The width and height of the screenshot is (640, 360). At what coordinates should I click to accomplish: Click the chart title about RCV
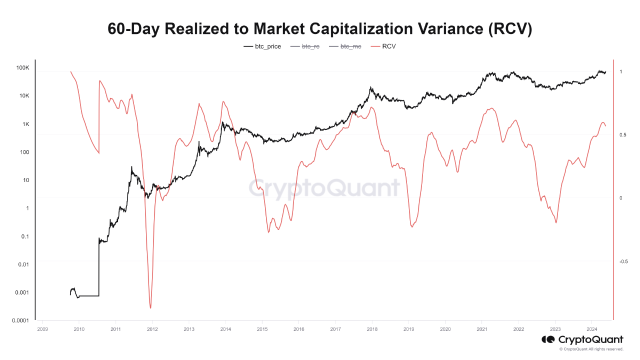pos(320,29)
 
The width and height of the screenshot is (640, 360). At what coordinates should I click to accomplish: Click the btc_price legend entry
pos(262,46)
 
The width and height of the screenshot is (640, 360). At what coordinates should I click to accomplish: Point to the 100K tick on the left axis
pos(23,68)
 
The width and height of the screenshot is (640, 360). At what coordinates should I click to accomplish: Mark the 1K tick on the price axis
pos(25,124)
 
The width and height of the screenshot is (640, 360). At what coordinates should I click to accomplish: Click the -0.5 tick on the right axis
pos(623,261)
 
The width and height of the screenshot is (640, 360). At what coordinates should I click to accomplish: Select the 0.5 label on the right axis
pos(621,135)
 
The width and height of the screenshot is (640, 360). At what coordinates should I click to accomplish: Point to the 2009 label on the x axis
pos(42,329)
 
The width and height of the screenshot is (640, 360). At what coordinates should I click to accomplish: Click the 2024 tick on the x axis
pos(591,329)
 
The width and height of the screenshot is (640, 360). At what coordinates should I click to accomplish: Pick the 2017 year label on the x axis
pos(335,329)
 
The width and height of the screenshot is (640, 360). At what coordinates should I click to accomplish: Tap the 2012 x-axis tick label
pos(152,329)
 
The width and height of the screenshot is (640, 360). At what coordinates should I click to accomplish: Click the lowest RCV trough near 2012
pos(150,308)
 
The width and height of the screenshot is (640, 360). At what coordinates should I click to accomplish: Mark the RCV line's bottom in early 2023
pos(556,222)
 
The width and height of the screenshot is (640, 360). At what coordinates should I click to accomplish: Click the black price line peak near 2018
pos(370,87)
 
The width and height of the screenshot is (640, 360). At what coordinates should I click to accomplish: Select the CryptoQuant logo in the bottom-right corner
pos(582,339)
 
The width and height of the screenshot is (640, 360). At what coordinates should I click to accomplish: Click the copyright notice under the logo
pos(591,349)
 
